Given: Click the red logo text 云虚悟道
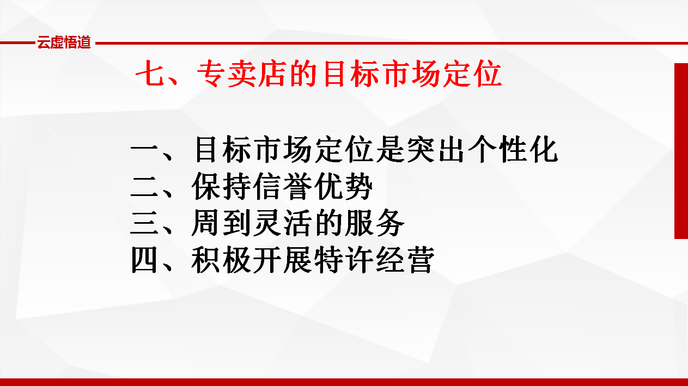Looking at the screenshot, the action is click(64, 42).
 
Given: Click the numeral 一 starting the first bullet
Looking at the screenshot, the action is click(144, 150).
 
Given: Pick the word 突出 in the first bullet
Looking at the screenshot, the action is click(436, 149).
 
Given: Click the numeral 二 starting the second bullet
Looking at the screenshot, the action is click(144, 186).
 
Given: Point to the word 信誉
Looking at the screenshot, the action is click(281, 186).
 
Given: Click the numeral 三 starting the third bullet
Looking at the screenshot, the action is click(144, 223).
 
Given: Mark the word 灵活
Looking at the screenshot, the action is click(281, 223).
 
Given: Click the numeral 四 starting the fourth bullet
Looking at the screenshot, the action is click(144, 260).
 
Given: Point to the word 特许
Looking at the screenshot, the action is click(343, 260).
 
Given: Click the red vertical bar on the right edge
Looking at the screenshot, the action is click(681, 151).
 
